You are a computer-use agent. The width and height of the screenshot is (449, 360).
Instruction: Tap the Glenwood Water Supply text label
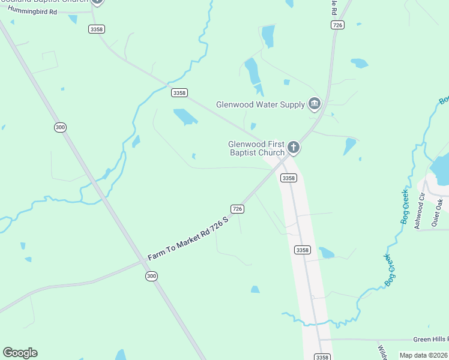click(261, 105)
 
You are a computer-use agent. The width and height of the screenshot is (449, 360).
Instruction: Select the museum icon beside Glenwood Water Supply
click(314, 105)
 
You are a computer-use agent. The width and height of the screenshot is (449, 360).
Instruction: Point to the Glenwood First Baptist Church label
click(256, 148)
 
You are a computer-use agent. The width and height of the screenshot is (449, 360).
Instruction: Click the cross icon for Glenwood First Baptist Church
click(294, 147)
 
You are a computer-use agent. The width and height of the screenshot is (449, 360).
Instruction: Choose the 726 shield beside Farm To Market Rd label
click(237, 208)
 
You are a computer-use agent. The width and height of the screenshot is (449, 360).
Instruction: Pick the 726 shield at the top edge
click(337, 24)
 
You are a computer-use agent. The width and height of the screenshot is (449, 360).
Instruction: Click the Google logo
click(20, 353)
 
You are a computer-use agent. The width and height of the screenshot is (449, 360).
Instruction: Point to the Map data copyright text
click(424, 355)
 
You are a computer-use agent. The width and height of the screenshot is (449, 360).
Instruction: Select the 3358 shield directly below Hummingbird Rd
click(95, 29)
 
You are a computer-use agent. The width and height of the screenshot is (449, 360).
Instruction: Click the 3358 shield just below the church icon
click(288, 178)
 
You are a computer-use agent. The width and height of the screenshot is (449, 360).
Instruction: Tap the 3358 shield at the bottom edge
click(322, 356)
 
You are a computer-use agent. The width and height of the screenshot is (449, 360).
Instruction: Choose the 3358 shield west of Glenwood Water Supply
click(179, 92)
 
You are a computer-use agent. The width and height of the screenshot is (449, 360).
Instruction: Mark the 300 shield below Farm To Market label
click(152, 275)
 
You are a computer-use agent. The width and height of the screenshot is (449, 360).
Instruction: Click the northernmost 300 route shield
click(60, 127)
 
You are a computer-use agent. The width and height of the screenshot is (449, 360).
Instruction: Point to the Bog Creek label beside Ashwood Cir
click(406, 208)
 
